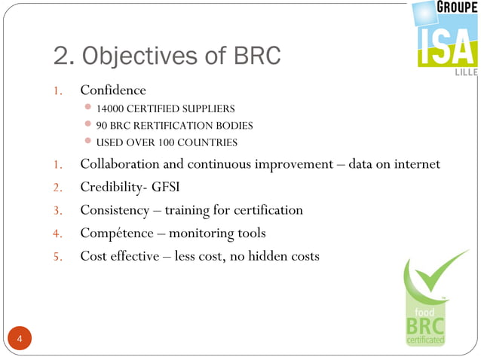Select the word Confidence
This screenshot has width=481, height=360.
click(x=113, y=91)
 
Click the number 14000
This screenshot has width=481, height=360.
click(x=112, y=109)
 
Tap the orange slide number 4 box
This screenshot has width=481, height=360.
click(x=20, y=340)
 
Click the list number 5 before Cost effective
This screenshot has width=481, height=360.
click(x=57, y=257)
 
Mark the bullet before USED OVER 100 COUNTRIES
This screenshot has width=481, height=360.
click(x=88, y=141)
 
